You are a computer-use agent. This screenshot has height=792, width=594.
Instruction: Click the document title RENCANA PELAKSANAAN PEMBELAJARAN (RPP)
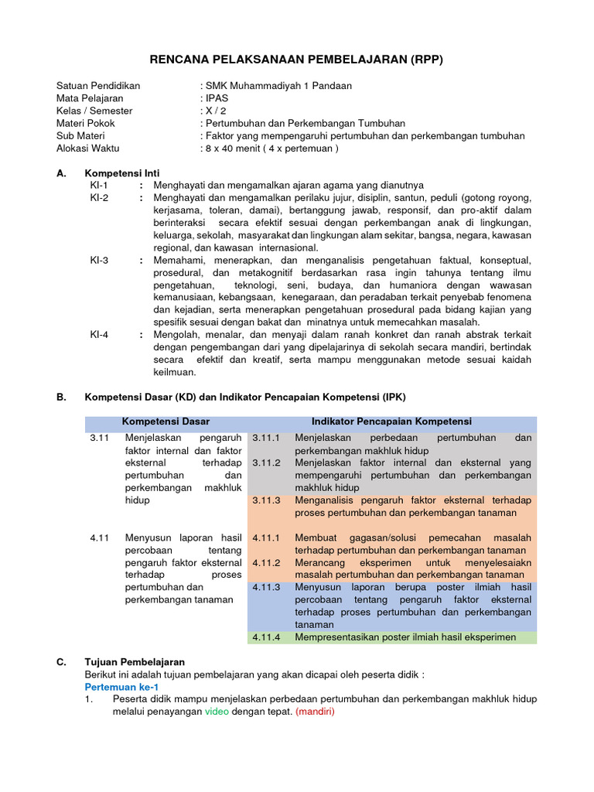296,60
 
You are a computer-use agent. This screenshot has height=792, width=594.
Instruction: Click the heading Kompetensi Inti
122,173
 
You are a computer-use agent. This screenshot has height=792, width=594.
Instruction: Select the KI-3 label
99,260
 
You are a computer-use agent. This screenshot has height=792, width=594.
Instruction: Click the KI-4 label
99,334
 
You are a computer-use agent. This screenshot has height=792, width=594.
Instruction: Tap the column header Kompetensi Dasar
166,422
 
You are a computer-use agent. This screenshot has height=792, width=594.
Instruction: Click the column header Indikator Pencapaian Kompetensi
391,422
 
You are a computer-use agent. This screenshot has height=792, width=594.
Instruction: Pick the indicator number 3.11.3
267,500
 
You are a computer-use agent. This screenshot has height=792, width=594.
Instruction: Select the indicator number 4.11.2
267,562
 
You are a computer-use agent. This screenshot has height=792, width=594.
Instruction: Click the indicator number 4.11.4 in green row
267,637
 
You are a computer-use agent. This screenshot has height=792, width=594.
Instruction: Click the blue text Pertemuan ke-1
121,686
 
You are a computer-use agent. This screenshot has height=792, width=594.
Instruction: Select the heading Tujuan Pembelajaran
135,662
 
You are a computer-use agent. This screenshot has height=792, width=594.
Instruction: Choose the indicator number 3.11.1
267,439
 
